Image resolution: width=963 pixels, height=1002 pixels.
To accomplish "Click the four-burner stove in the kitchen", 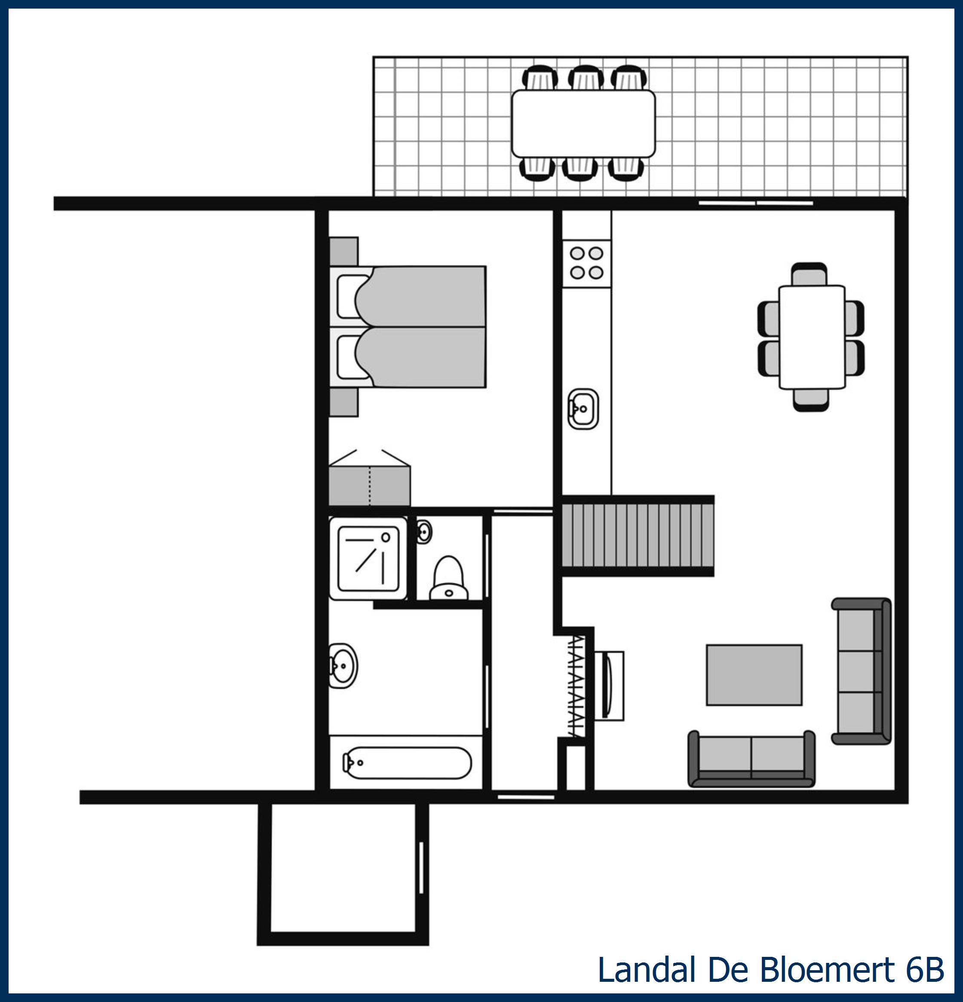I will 586,263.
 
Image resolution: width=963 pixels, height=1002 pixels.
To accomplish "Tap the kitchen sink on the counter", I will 583,409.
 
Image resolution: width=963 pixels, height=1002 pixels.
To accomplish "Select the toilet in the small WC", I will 448,578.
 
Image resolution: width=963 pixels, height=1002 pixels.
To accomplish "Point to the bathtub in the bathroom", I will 407,763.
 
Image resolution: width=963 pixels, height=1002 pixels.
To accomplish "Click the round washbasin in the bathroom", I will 343,665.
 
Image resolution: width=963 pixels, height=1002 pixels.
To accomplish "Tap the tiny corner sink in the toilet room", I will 424,532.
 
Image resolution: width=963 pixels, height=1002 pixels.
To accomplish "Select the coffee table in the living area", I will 754,675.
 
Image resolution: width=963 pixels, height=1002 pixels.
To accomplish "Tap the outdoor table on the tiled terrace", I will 583,124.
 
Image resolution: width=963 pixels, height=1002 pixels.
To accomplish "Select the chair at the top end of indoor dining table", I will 809,274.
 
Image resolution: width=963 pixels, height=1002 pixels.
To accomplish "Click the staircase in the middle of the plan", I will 637,535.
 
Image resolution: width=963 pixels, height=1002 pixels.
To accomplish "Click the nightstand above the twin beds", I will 343,251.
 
